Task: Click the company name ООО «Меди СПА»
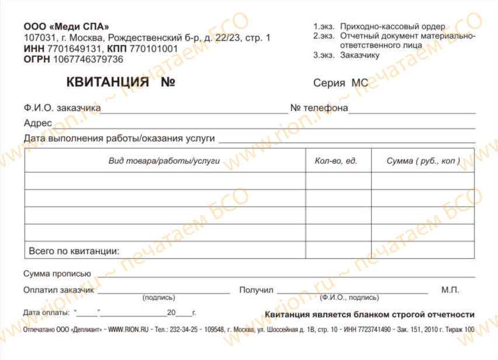[66, 27]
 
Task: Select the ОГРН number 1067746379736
[88, 59]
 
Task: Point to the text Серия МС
[341, 83]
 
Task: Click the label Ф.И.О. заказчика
[62, 108]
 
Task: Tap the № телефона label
[319, 108]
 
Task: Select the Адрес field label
[38, 123]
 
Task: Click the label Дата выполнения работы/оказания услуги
[119, 139]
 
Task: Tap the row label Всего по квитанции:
[74, 251]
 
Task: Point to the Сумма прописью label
[57, 274]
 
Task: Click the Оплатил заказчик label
[59, 290]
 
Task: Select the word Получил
[256, 290]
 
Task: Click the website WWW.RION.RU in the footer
[127, 330]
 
